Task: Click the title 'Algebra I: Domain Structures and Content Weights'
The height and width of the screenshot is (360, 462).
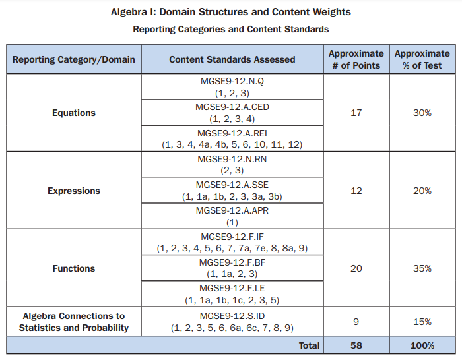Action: (x=230, y=12)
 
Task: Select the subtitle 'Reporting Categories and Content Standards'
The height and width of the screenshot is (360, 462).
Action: (x=230, y=29)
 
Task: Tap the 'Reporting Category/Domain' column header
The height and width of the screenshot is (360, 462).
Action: (x=73, y=59)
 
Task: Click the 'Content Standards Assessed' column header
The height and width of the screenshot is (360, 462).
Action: (x=232, y=59)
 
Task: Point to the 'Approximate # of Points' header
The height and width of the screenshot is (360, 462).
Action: (x=356, y=59)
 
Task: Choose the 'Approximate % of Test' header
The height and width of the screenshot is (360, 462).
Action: (x=422, y=59)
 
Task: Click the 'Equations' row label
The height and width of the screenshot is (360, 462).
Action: (x=73, y=113)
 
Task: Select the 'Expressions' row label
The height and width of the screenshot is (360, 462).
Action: (x=73, y=191)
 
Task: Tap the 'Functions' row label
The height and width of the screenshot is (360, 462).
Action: (x=73, y=268)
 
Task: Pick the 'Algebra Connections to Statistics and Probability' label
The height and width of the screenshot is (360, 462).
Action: (x=73, y=322)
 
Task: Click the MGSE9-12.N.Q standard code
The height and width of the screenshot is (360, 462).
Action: (x=232, y=82)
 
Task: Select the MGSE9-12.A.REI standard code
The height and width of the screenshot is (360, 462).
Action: (x=232, y=133)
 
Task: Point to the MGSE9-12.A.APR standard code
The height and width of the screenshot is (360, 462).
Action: (x=232, y=210)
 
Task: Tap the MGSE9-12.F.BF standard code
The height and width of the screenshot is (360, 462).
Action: (x=232, y=262)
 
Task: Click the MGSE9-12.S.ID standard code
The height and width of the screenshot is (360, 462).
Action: (x=232, y=316)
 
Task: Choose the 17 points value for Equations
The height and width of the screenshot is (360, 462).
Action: (x=356, y=113)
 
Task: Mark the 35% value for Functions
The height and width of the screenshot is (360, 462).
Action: (x=422, y=268)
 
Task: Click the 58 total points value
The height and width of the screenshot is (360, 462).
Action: (x=356, y=345)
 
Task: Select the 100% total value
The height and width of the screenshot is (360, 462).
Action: (x=422, y=345)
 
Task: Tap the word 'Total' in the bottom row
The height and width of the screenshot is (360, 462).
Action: (x=308, y=345)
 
